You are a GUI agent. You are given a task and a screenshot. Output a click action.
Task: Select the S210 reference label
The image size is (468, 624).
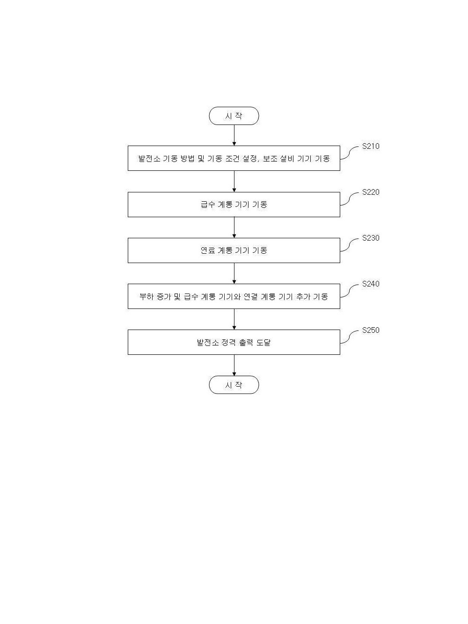click(371, 146)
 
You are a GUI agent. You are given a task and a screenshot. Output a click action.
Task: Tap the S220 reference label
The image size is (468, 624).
click(371, 192)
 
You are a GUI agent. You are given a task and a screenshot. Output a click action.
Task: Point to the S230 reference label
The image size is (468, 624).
click(371, 238)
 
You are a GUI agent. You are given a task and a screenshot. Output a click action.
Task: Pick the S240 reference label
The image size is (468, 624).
click(371, 284)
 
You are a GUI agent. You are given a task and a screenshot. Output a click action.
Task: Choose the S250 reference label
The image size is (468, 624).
click(371, 330)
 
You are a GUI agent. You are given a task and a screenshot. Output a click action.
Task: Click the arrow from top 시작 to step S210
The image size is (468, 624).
click(234, 135)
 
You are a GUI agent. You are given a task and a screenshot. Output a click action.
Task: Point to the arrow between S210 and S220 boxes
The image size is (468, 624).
click(234, 181)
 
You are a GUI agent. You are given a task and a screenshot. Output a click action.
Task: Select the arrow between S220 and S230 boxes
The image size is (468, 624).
click(234, 228)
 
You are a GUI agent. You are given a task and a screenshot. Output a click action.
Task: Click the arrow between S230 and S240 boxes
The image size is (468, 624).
click(234, 273)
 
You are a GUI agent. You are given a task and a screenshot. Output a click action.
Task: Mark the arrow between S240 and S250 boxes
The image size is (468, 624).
click(234, 319)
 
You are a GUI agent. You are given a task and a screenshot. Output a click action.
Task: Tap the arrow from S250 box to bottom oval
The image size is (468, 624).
click(234, 365)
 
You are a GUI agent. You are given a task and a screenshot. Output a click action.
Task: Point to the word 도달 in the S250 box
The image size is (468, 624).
click(263, 342)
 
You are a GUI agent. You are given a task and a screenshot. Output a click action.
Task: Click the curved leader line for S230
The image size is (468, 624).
click(350, 245)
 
